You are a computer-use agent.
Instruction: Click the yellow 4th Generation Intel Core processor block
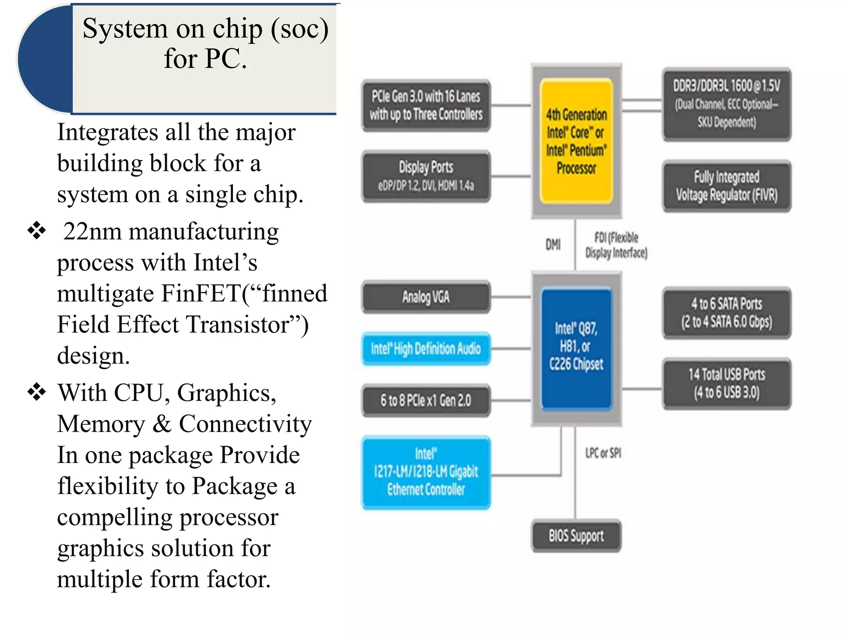click(576, 141)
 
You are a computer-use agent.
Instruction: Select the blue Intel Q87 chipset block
click(576, 347)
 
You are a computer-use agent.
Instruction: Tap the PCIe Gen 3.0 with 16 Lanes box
click(426, 105)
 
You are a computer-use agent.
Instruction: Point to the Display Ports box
click(426, 176)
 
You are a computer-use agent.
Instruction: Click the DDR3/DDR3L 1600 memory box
click(727, 104)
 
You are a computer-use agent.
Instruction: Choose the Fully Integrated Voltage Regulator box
click(727, 186)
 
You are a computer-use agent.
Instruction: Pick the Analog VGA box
click(426, 297)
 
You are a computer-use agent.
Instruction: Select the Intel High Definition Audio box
click(426, 349)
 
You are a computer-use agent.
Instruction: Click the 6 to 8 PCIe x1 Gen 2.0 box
click(426, 400)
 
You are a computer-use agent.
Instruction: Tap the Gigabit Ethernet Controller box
click(426, 472)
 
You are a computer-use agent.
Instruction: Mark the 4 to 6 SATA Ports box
click(727, 313)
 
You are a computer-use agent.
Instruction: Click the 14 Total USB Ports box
click(727, 383)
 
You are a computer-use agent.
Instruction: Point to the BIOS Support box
click(576, 536)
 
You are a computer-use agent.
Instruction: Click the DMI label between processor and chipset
click(553, 244)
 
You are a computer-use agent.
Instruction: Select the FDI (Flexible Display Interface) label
click(616, 245)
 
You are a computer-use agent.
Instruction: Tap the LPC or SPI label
click(603, 453)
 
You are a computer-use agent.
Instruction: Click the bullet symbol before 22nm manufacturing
click(36, 231)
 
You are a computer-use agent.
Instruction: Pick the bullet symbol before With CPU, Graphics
click(36, 392)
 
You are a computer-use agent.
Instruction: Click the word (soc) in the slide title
click(299, 29)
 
